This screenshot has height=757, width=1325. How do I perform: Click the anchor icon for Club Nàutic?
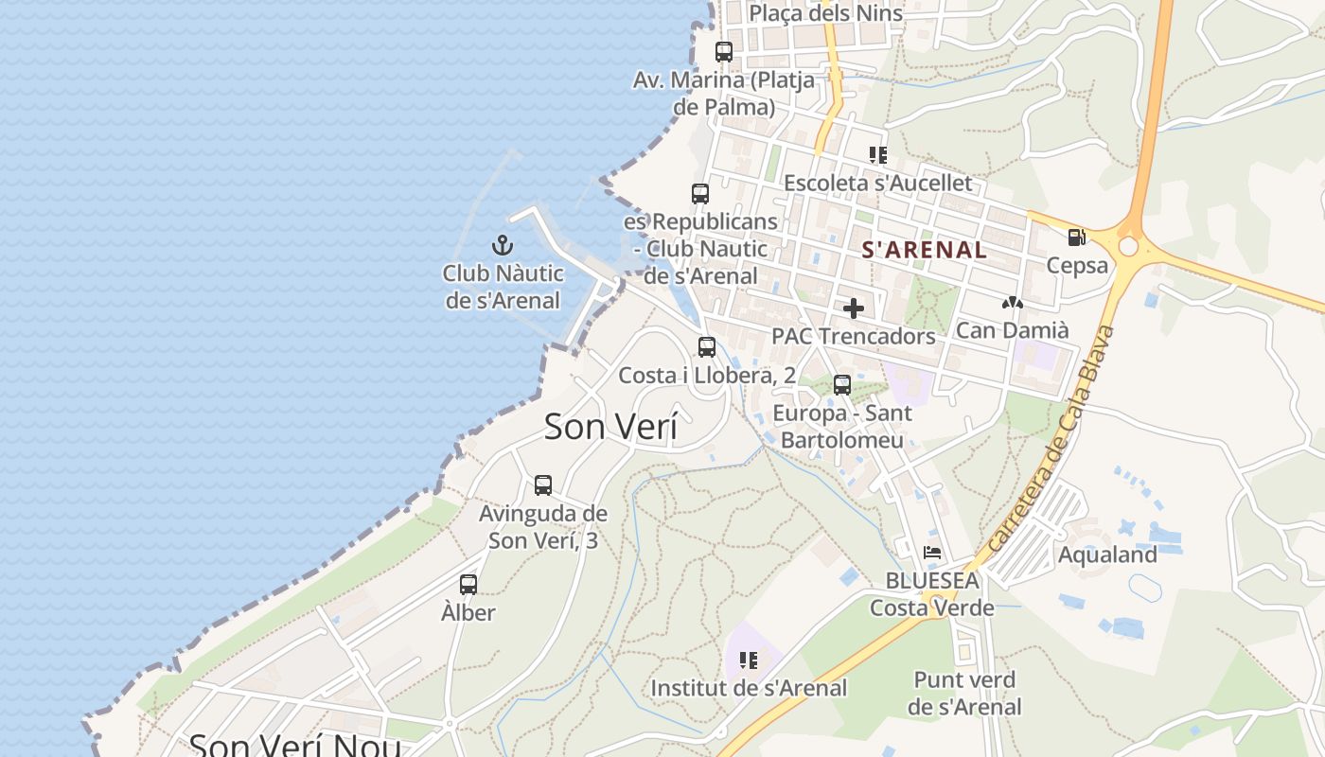(503, 246)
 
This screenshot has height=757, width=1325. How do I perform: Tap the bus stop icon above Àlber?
(468, 584)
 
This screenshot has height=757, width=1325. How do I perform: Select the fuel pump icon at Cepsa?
(1076, 237)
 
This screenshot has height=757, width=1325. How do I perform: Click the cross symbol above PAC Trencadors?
(854, 308)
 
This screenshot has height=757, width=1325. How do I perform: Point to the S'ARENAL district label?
(924, 251)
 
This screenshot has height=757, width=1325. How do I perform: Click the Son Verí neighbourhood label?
(610, 427)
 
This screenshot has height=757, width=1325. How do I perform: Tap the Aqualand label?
(1107, 555)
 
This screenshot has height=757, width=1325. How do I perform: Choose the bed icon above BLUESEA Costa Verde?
(932, 553)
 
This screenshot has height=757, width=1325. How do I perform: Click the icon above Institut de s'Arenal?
(749, 660)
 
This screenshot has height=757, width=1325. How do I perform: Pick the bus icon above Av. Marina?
(724, 52)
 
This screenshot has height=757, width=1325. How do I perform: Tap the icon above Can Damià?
(1013, 303)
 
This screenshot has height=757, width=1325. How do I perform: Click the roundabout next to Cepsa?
(1128, 246)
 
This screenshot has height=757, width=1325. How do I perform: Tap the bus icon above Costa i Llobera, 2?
(707, 347)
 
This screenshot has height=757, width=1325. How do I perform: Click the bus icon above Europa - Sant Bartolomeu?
(842, 385)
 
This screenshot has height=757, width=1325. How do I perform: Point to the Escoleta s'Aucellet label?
(877, 183)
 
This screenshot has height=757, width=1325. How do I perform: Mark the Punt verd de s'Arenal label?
(964, 693)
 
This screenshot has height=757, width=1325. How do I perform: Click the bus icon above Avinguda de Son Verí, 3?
(543, 484)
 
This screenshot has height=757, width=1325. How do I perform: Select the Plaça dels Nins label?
(825, 13)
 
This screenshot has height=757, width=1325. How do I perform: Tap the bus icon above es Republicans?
(700, 194)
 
